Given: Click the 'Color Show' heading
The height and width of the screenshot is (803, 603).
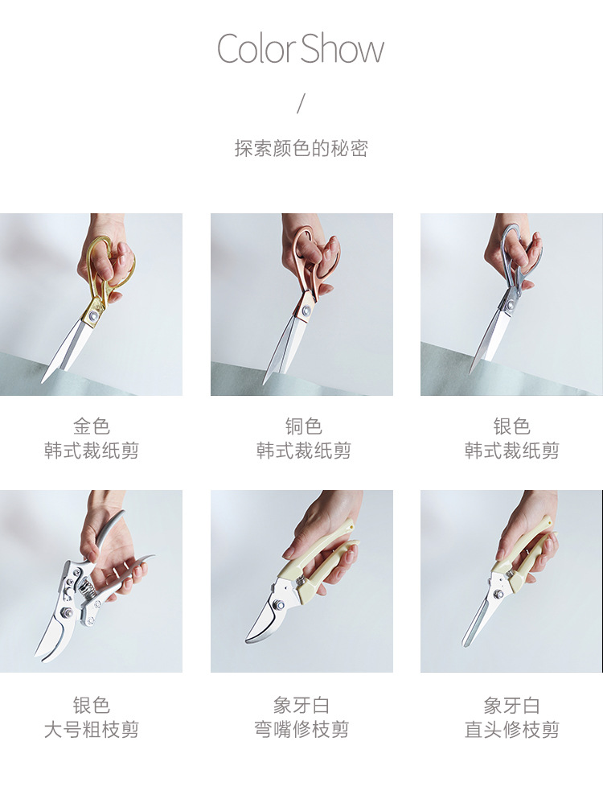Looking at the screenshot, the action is [301, 48].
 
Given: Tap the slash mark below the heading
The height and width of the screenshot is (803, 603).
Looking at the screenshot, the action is [301, 104].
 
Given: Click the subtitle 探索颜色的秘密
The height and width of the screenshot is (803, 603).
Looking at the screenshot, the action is [301, 148].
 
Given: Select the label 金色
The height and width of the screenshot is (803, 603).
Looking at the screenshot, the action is [91, 426].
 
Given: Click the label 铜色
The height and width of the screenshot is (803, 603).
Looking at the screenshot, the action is [303, 426].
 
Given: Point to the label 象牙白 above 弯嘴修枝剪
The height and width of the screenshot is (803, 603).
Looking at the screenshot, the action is [301, 705].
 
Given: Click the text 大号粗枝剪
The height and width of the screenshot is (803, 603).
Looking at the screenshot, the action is [91, 729].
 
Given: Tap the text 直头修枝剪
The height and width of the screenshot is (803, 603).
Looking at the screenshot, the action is [511, 729].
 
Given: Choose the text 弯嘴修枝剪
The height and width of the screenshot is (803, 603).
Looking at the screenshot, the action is [301, 729].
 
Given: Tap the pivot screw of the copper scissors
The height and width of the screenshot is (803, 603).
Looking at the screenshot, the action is [305, 311].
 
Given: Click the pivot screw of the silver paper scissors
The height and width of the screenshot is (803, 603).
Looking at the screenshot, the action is [510, 305].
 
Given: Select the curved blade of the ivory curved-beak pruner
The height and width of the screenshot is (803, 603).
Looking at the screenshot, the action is [263, 620].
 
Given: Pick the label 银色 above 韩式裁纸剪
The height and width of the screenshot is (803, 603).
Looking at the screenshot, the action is [511, 426].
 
